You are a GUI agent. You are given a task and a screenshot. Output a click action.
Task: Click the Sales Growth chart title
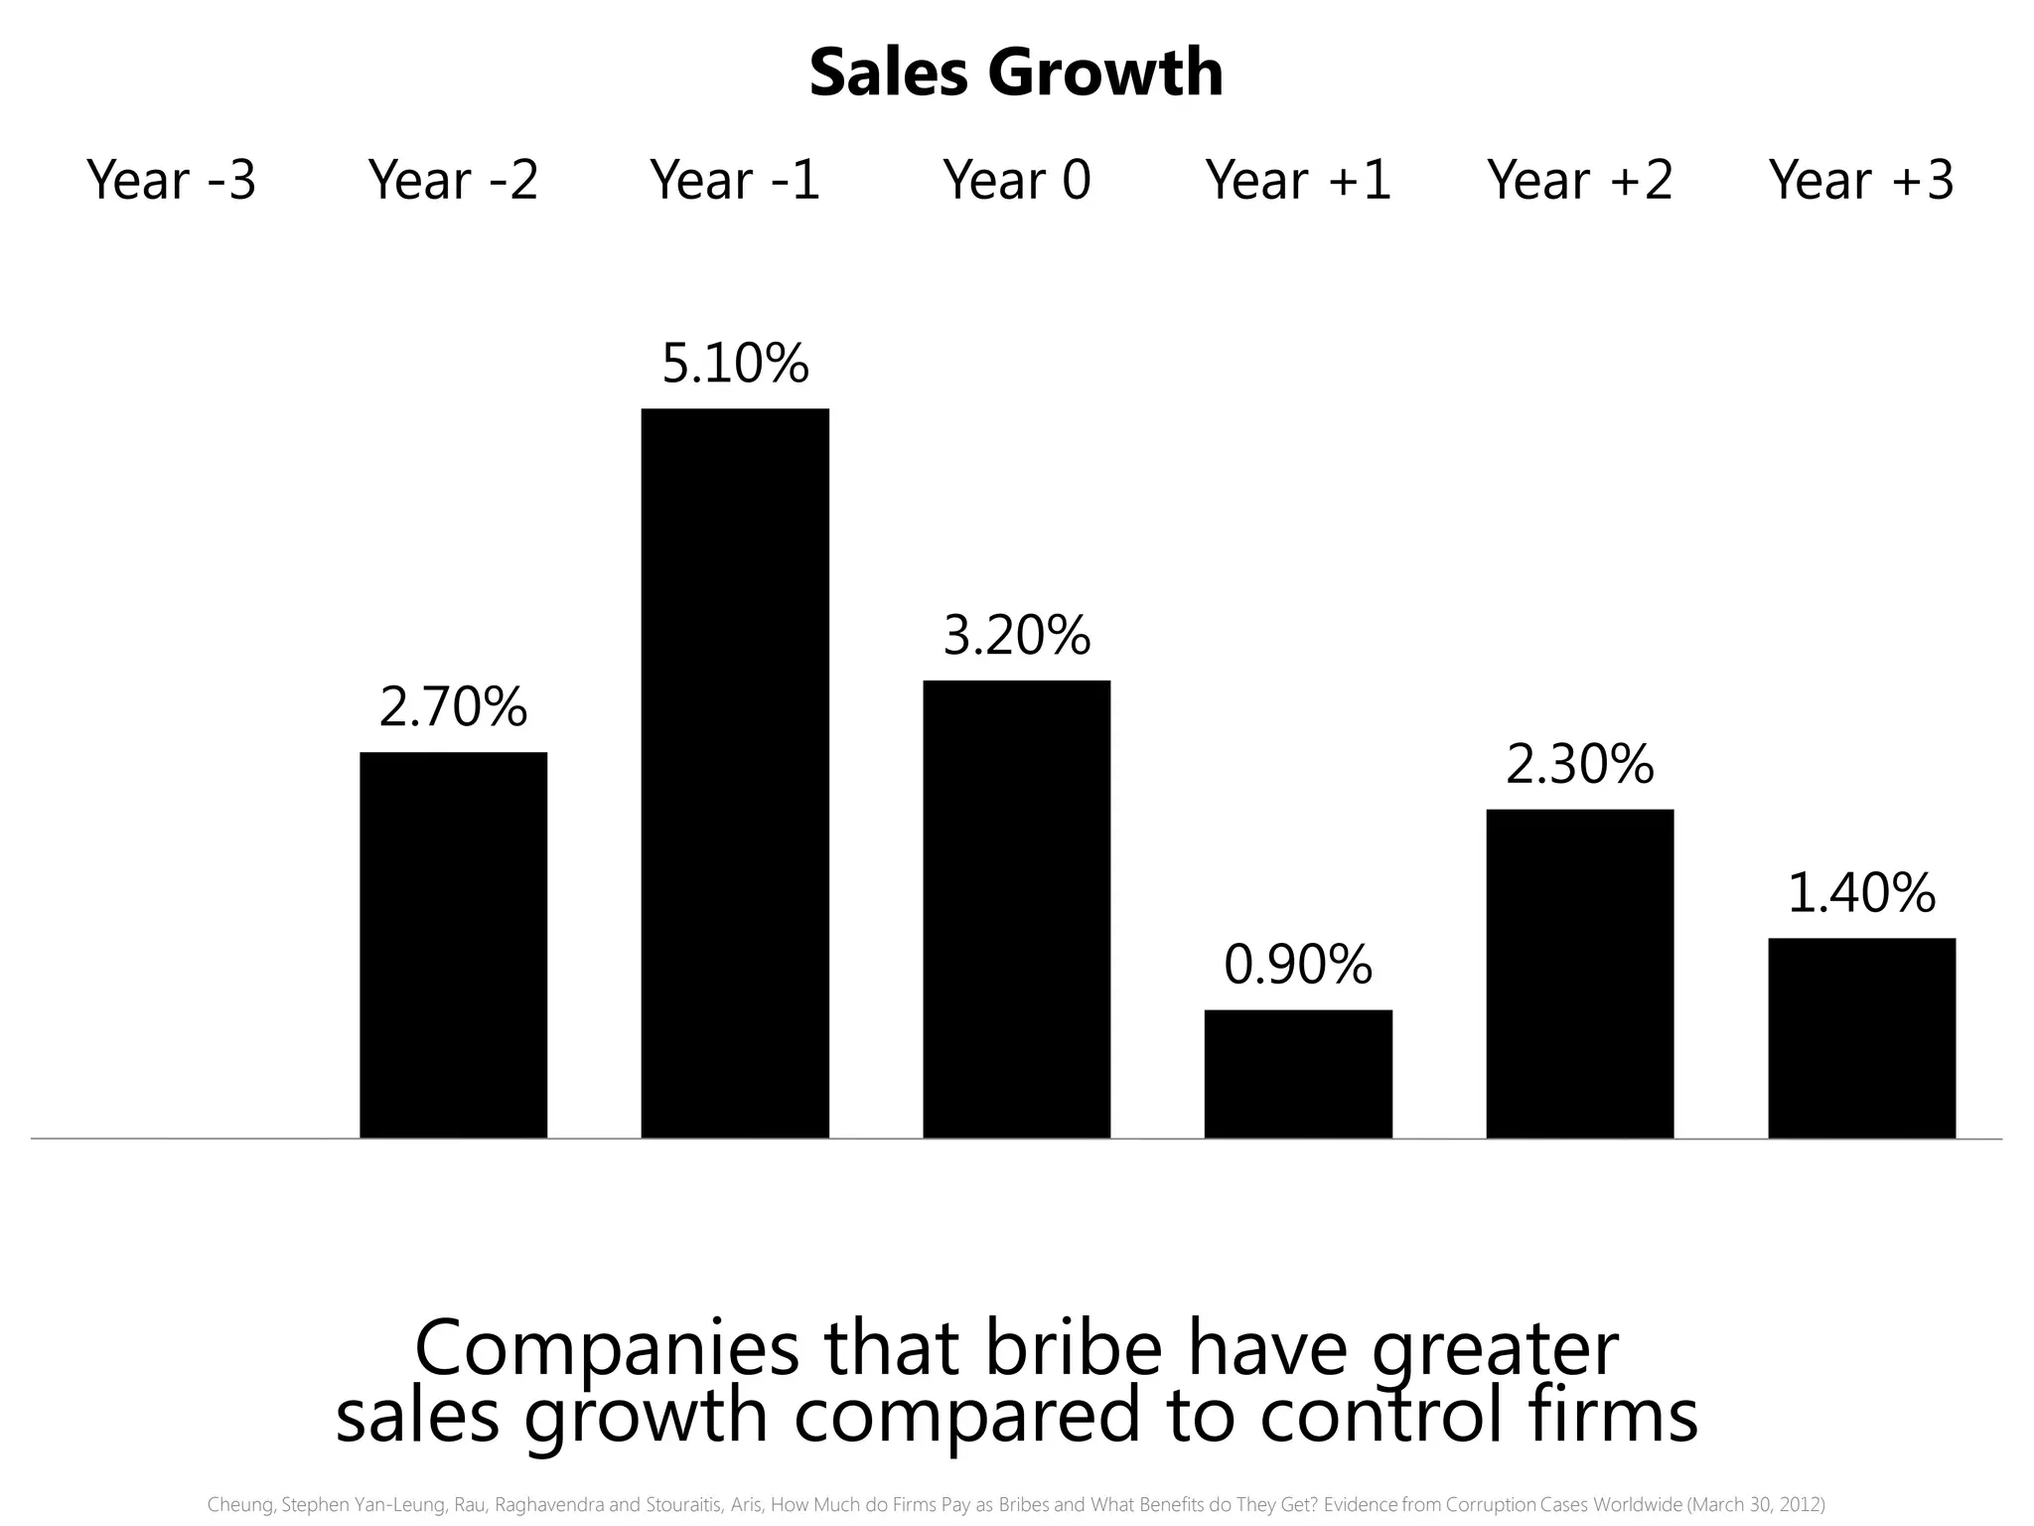[x=1016, y=73]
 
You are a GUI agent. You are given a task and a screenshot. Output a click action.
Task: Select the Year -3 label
[x=172, y=180]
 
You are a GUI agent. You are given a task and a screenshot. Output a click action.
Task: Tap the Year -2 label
[x=453, y=180]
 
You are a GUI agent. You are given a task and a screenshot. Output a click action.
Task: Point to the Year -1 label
[x=735, y=180]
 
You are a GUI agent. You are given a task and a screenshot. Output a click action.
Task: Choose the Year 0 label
[x=1016, y=180]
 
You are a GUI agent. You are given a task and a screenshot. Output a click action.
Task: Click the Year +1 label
[x=1298, y=180]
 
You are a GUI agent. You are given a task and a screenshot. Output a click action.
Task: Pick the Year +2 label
[x=1579, y=180]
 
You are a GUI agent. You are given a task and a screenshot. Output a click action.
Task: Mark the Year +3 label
[x=1861, y=180]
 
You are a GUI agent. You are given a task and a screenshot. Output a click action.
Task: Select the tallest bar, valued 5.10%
[x=735, y=773]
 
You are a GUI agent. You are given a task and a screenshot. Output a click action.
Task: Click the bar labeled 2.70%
[x=453, y=944]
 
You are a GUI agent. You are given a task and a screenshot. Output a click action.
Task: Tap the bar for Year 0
[x=1016, y=908]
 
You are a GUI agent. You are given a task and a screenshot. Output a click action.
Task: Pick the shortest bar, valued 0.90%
[x=1298, y=1073]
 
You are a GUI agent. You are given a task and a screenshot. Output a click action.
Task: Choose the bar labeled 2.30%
[x=1579, y=973]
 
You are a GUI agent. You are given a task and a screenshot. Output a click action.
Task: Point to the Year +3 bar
[x=1861, y=1037]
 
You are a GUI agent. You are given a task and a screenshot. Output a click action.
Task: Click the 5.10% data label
[x=735, y=364]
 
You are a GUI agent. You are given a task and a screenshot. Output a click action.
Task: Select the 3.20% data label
[x=1016, y=636]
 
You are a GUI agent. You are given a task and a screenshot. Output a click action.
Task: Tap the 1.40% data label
[x=1861, y=893]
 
